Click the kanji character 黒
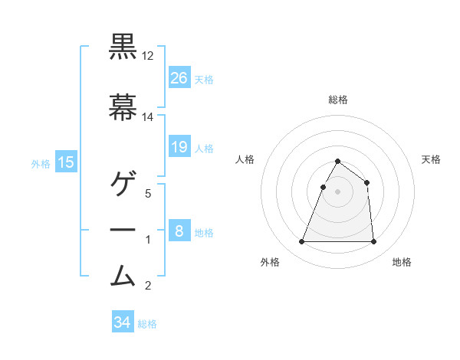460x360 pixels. point(123,47)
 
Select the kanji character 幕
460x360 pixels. point(123,108)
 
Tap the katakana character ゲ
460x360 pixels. point(123,183)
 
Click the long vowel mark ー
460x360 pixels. point(123,229)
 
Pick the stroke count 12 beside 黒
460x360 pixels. point(148,56)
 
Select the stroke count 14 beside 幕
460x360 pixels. point(148,117)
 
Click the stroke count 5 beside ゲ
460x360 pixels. point(148,193)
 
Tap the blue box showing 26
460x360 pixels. point(179,78)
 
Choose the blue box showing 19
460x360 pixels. point(179,147)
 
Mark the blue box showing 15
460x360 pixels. point(66,162)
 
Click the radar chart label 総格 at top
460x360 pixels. point(338,100)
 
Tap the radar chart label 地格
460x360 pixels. point(402,262)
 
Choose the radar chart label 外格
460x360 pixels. point(270,262)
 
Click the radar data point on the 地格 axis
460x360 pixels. point(373,242)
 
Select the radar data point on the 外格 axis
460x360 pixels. point(302,242)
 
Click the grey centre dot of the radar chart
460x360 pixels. point(338,191)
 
